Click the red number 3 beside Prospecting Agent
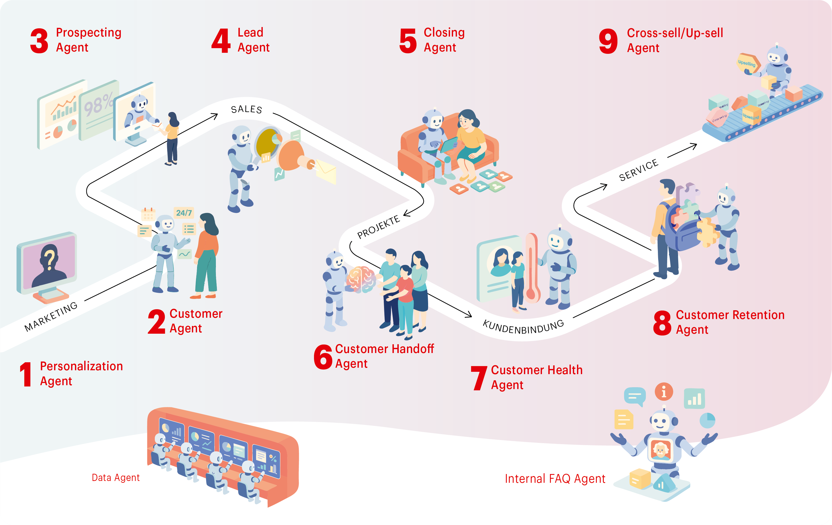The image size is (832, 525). [x=39, y=41]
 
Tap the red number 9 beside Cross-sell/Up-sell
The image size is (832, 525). [x=608, y=41]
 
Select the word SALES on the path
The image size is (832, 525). [x=246, y=109]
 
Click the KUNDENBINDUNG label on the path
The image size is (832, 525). [x=523, y=327]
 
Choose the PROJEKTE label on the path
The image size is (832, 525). [x=378, y=227]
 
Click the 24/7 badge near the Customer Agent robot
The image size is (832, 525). [x=184, y=213]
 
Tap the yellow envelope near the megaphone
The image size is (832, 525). [x=326, y=171]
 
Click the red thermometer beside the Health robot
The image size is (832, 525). [x=532, y=268]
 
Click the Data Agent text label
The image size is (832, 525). [x=115, y=478]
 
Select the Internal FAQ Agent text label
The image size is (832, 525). [x=555, y=479]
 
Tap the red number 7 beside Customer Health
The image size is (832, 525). [x=479, y=378]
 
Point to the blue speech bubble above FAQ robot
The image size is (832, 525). [x=635, y=396]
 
